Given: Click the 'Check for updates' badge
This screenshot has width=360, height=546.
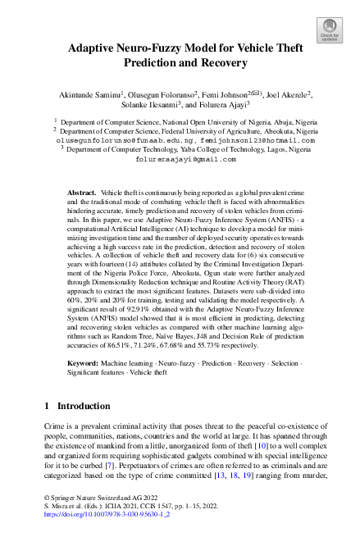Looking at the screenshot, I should coord(330,30).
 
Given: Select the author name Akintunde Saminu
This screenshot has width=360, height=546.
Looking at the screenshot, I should coord(89,96).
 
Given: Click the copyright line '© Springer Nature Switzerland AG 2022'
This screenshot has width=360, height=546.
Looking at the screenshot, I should coord(93,498).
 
